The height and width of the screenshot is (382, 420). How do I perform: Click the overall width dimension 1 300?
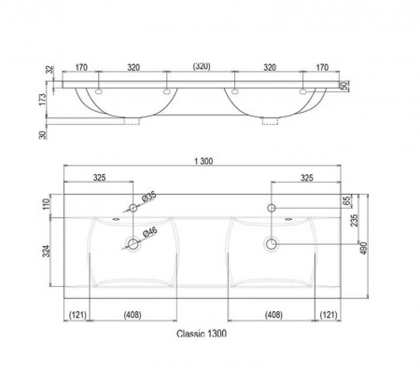click(x=203, y=161)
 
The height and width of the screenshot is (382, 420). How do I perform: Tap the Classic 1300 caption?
click(x=202, y=334)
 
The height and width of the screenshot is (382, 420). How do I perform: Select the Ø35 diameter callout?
click(x=148, y=198)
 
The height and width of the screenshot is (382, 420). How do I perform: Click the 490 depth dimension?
click(x=364, y=248)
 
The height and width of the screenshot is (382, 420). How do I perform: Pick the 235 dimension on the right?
click(x=355, y=220)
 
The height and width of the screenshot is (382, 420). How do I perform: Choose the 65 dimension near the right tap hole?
click(x=346, y=200)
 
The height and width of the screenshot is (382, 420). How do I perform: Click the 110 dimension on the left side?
click(x=47, y=204)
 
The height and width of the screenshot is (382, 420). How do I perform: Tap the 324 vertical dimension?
click(x=47, y=251)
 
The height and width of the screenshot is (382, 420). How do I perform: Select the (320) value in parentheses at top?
click(x=202, y=66)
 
